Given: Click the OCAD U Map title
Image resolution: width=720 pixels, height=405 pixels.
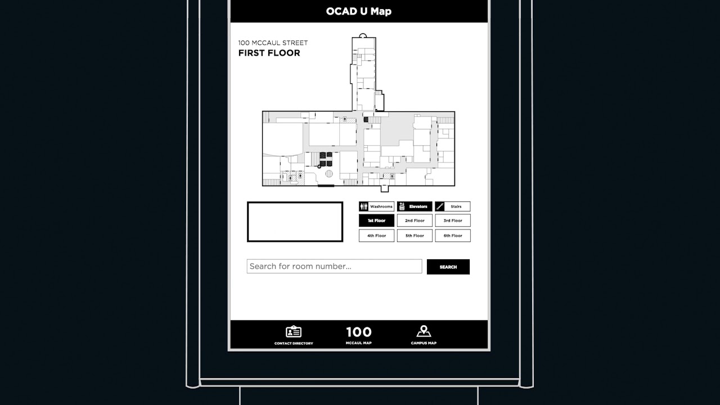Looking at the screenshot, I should pyautogui.click(x=359, y=11).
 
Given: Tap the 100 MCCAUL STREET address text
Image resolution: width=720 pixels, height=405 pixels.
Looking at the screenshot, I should pyautogui.click(x=273, y=43).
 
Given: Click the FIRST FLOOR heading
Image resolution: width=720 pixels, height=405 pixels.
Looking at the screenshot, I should pyautogui.click(x=269, y=53).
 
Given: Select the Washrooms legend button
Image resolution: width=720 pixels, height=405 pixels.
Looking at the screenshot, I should pyautogui.click(x=376, y=206).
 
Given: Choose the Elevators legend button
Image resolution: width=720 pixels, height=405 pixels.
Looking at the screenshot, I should pyautogui.click(x=415, y=206).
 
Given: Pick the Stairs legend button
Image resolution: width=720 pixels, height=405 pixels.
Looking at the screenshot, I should pyautogui.click(x=452, y=206).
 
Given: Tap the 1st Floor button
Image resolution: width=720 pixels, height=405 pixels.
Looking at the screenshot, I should pyautogui.click(x=376, y=220).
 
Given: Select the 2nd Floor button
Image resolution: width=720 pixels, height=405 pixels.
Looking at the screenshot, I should pyautogui.click(x=415, y=220).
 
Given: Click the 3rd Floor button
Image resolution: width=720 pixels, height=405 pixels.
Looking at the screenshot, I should pyautogui.click(x=452, y=220).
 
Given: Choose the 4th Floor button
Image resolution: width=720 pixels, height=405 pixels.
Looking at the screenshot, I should pyautogui.click(x=376, y=236).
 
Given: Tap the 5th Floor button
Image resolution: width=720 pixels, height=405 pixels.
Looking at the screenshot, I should pyautogui.click(x=415, y=236).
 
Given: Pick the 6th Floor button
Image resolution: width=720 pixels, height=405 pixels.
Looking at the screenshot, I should pyautogui.click(x=452, y=236).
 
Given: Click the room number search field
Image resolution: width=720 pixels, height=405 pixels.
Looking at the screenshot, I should pyautogui.click(x=334, y=266).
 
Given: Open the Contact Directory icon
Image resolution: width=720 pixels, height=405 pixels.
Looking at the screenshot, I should pyautogui.click(x=294, y=332).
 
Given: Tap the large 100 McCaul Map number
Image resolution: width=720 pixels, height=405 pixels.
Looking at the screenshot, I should pyautogui.click(x=358, y=332).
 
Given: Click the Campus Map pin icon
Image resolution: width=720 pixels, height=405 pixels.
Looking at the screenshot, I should pyautogui.click(x=424, y=331).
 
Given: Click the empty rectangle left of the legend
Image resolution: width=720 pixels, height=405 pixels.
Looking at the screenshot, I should pyautogui.click(x=295, y=222).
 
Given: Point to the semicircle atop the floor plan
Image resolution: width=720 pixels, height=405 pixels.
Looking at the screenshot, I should pyautogui.click(x=363, y=36).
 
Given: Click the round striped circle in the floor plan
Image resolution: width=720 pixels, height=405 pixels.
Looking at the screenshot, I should pyautogui.click(x=329, y=174).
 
